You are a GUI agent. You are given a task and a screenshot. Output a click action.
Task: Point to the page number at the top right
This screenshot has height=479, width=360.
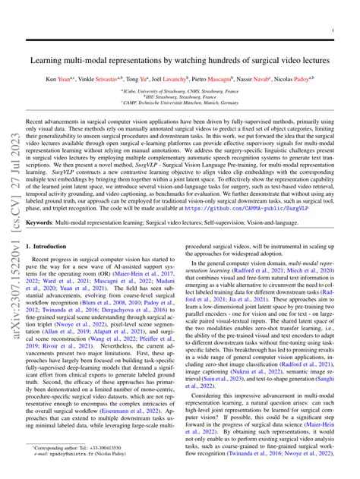[x=333, y=31]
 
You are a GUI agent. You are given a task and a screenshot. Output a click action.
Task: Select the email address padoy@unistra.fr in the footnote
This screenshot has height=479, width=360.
[x=77, y=457]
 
